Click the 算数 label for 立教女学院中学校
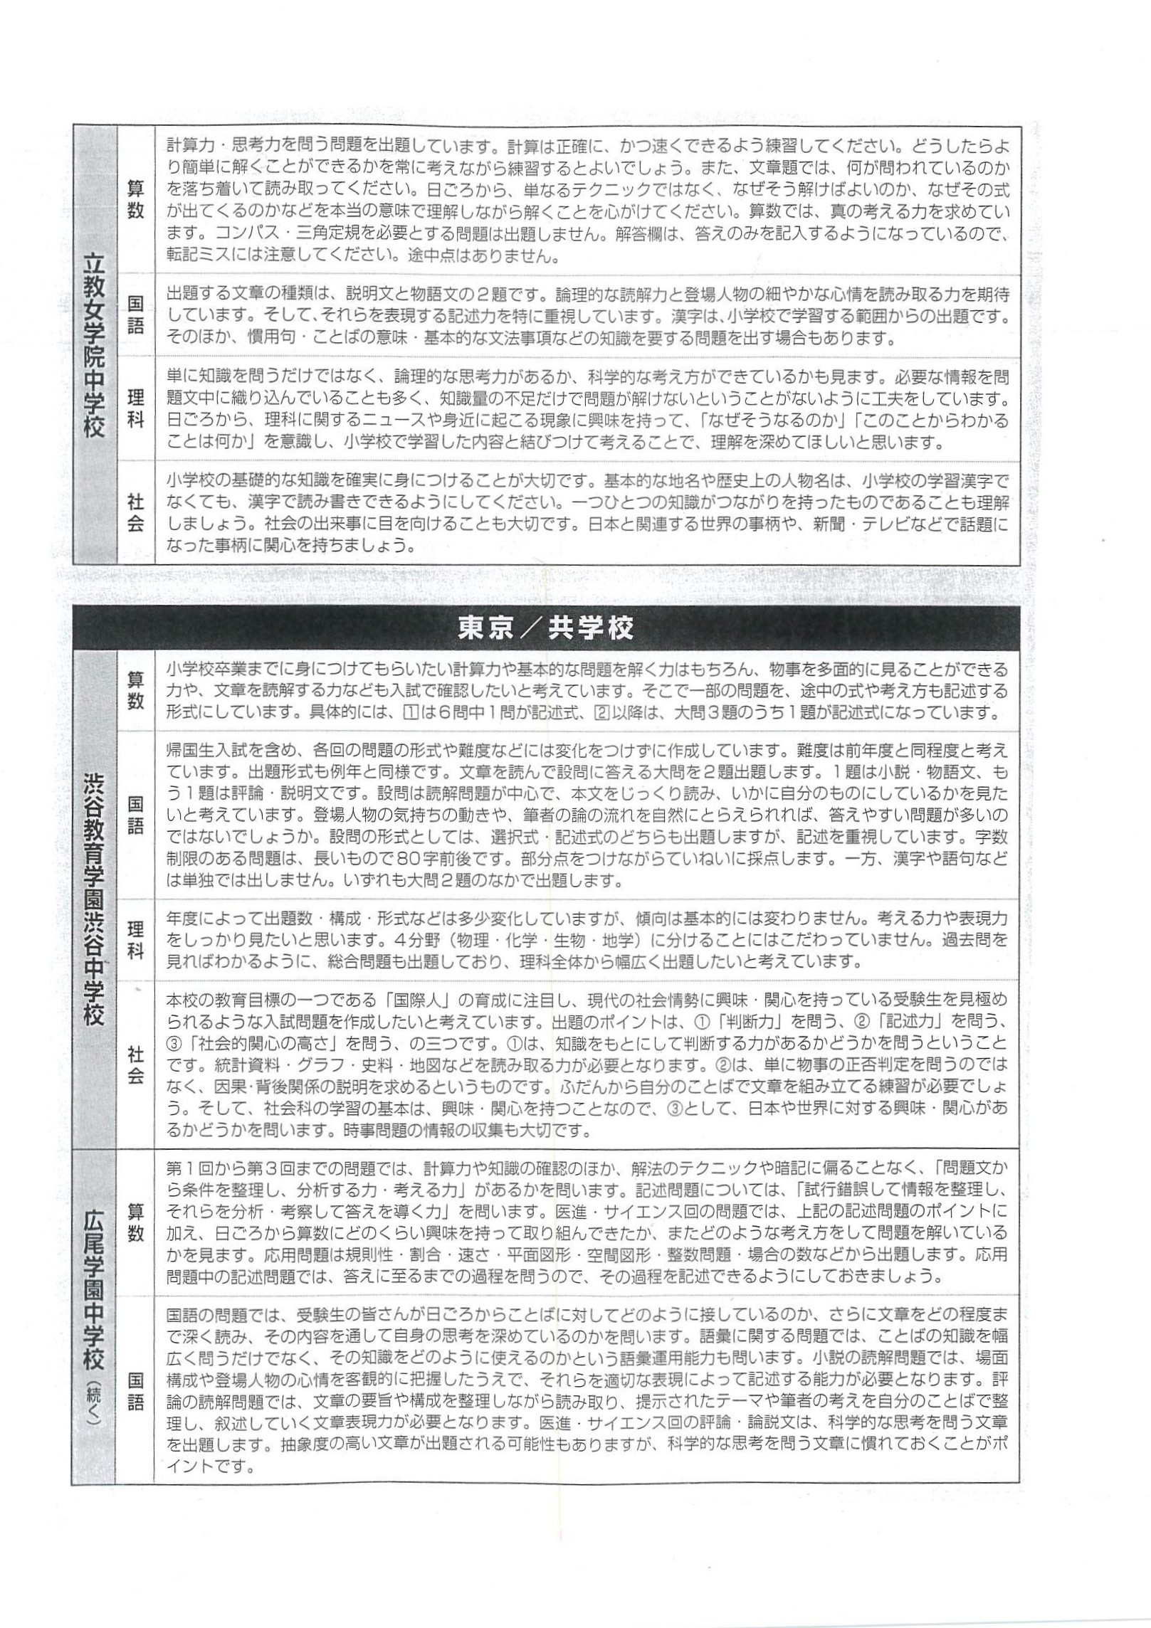(135, 201)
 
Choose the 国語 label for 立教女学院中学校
(135, 314)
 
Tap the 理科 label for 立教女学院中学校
(135, 408)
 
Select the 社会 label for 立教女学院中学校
(135, 513)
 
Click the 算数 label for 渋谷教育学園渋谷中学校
(135, 689)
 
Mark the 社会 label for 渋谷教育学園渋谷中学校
(135, 1064)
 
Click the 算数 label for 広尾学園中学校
(135, 1222)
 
